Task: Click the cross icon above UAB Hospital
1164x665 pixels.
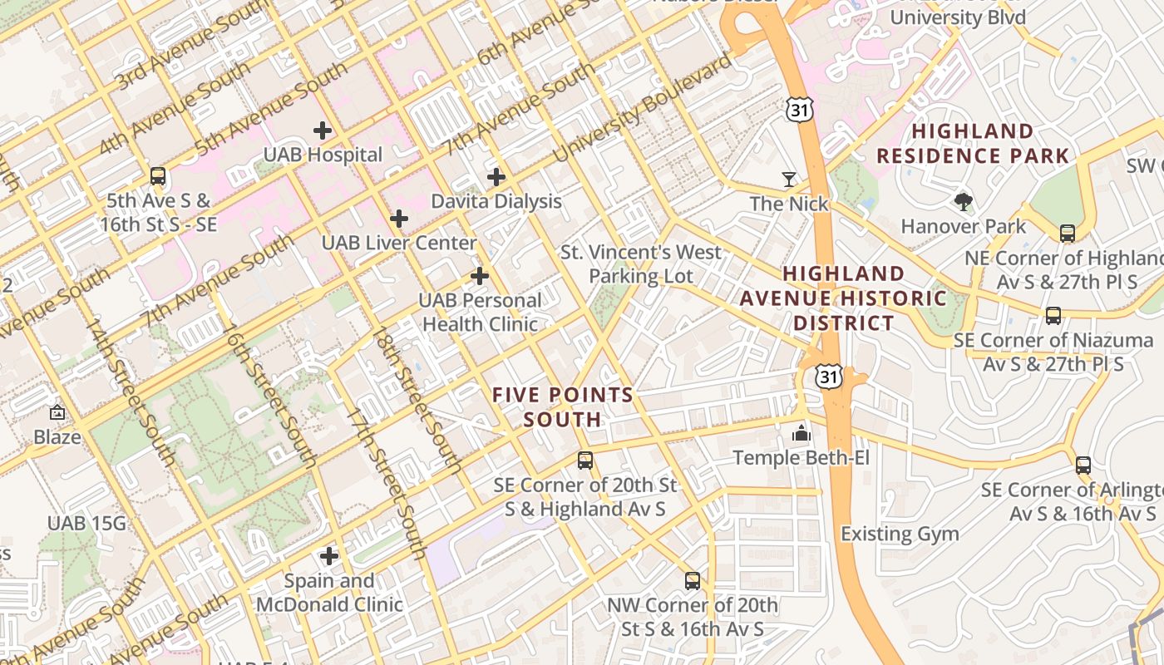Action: point(322,130)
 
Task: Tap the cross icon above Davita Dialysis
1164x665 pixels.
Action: point(496,176)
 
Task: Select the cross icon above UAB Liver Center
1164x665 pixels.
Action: point(399,219)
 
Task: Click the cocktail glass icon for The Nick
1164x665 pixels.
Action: point(788,179)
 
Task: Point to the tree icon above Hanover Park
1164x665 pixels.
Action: point(964,201)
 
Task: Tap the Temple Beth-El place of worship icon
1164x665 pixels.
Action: point(801,432)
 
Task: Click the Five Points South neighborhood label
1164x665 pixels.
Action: point(562,406)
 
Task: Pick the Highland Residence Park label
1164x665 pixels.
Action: point(972,143)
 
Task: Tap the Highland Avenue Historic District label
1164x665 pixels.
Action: point(843,298)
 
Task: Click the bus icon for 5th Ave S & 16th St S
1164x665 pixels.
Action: point(158,176)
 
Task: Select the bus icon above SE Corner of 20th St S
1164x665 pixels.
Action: point(585,460)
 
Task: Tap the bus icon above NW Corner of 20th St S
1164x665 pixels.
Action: point(693,580)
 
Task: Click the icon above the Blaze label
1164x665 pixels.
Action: point(57,412)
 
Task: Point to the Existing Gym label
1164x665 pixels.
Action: point(900,534)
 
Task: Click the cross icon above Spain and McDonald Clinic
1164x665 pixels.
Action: point(329,555)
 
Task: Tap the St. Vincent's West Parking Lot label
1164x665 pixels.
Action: point(640,264)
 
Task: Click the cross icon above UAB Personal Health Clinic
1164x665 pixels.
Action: point(480,275)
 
